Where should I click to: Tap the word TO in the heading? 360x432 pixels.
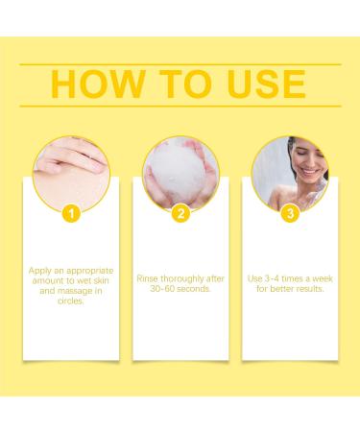[185, 84]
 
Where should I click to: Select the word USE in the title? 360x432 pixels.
[266, 84]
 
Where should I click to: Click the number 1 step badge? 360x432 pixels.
[71, 213]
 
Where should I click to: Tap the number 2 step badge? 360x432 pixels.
[180, 213]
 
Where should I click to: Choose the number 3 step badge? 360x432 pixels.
[290, 213]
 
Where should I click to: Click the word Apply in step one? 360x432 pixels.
[40, 271]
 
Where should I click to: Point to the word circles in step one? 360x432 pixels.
[71, 300]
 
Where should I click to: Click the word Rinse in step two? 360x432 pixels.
[147, 278]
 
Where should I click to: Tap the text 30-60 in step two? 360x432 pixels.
[162, 289]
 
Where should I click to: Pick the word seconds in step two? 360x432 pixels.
[194, 289]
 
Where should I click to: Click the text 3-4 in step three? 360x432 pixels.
[272, 278]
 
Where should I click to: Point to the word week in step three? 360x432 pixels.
[323, 278]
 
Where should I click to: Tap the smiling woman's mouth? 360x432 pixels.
[310, 172]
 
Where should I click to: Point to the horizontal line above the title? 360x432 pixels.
[180, 64]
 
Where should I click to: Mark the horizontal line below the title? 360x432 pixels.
[180, 106]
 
